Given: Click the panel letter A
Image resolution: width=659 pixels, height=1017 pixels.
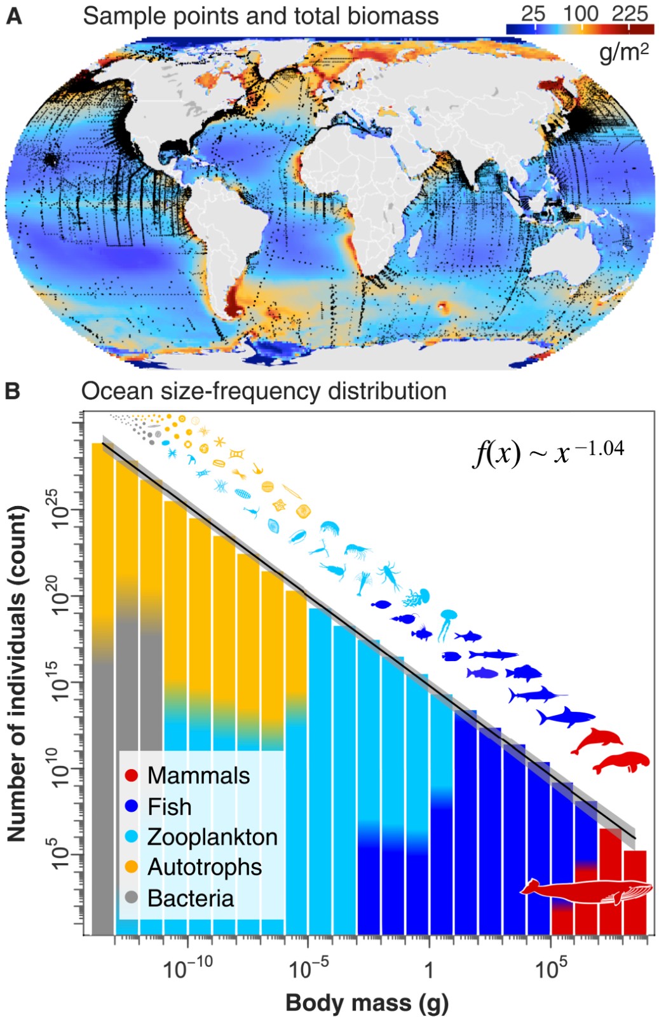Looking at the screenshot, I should pyautogui.click(x=13, y=16).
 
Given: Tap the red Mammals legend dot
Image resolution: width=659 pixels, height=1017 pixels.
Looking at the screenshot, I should pyautogui.click(x=132, y=775).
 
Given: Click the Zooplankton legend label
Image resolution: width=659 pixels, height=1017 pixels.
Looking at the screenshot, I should pyautogui.click(x=212, y=836).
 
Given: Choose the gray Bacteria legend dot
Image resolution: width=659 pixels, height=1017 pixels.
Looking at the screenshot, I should pyautogui.click(x=132, y=898).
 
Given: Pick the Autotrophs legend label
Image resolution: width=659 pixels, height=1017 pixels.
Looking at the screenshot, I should pyautogui.click(x=205, y=867).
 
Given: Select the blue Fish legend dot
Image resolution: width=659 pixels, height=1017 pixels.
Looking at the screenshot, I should pyautogui.click(x=132, y=807).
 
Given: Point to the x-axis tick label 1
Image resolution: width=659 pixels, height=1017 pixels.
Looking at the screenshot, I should pyautogui.click(x=429, y=970).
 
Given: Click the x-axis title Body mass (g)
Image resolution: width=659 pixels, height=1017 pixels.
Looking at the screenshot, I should pyautogui.click(x=367, y=1002).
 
